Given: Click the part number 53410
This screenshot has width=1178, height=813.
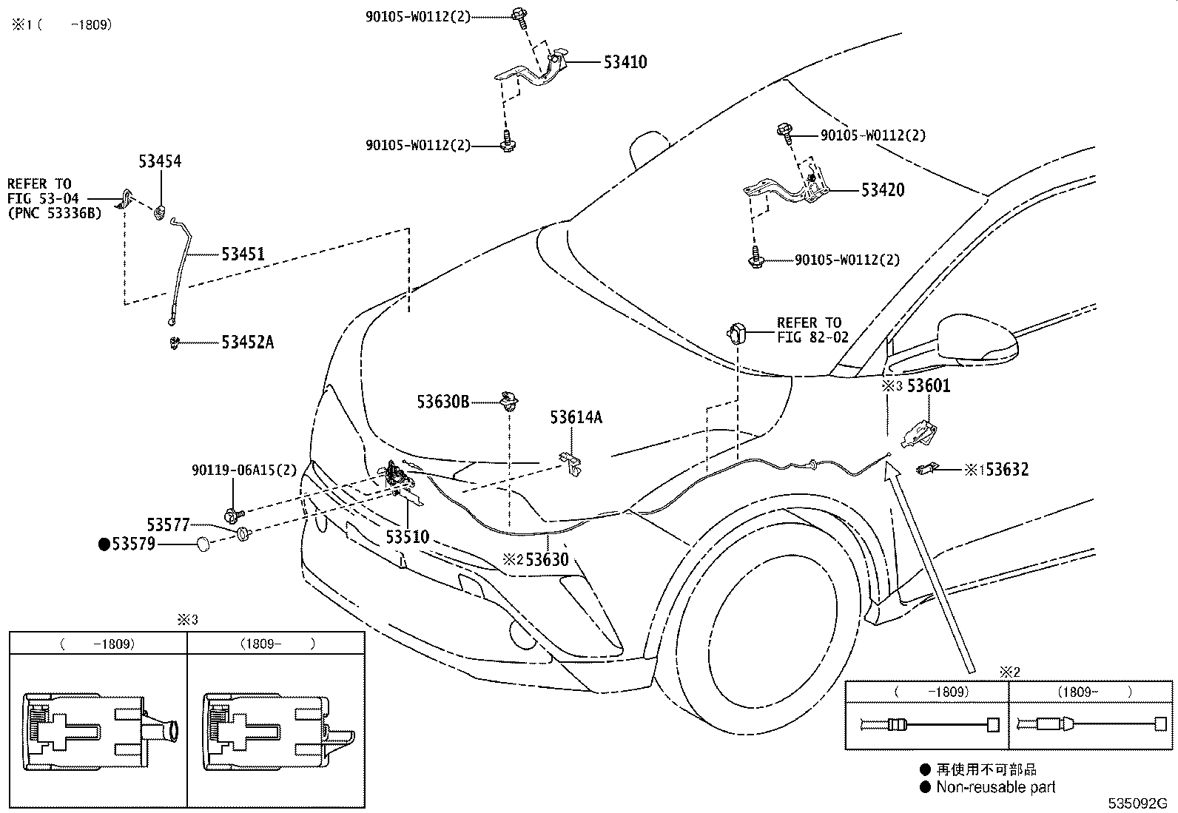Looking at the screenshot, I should pyautogui.click(x=625, y=62).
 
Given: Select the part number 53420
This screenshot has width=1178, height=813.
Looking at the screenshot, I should pyautogui.click(x=882, y=190).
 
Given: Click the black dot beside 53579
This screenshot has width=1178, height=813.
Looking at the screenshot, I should pyautogui.click(x=104, y=545).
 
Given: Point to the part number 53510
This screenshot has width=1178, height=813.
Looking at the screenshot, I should pyautogui.click(x=407, y=537).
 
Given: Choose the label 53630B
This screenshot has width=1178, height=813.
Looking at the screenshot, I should pyautogui.click(x=442, y=402).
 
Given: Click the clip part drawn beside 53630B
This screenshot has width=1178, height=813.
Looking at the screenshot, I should pyautogui.click(x=508, y=400).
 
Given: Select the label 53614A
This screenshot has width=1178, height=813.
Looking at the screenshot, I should pyautogui.click(x=576, y=418).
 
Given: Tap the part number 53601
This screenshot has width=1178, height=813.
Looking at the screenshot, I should pyautogui.click(x=929, y=386).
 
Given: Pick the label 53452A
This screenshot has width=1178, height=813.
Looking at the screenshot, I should pyautogui.click(x=247, y=343).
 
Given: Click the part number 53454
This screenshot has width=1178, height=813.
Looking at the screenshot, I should pyautogui.click(x=160, y=161).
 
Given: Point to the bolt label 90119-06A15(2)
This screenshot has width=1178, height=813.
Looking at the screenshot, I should pyautogui.click(x=243, y=470).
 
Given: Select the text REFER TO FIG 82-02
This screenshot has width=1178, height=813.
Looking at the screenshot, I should pyautogui.click(x=812, y=330).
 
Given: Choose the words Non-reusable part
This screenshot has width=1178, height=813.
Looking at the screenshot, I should pyautogui.click(x=995, y=788).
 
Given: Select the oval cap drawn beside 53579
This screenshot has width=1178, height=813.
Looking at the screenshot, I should pyautogui.click(x=203, y=545).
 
